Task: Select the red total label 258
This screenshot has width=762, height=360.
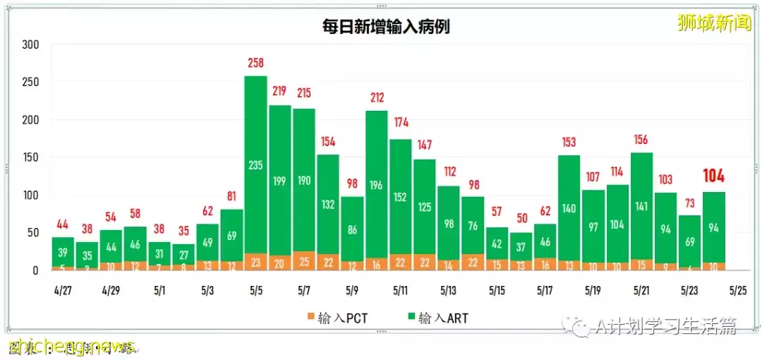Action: click(255, 64)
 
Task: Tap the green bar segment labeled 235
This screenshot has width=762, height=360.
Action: click(255, 164)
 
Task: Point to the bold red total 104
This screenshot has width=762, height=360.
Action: click(713, 176)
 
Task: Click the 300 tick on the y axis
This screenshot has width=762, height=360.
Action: click(30, 44)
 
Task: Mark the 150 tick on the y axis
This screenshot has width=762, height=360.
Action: click(30, 157)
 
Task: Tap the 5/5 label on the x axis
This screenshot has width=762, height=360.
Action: click(255, 290)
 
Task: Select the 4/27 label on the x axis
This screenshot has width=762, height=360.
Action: click(63, 290)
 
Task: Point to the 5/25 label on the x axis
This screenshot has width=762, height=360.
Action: click(737, 290)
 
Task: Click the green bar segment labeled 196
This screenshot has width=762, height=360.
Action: click(376, 185)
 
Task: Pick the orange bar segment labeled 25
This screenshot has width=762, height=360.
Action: click(303, 261)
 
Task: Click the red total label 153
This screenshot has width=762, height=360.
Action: click(569, 143)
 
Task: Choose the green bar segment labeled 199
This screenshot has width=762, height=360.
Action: click(279, 181)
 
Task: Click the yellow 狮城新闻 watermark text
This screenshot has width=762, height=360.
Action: click(713, 23)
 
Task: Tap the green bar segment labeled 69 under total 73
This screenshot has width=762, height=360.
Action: click(689, 241)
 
